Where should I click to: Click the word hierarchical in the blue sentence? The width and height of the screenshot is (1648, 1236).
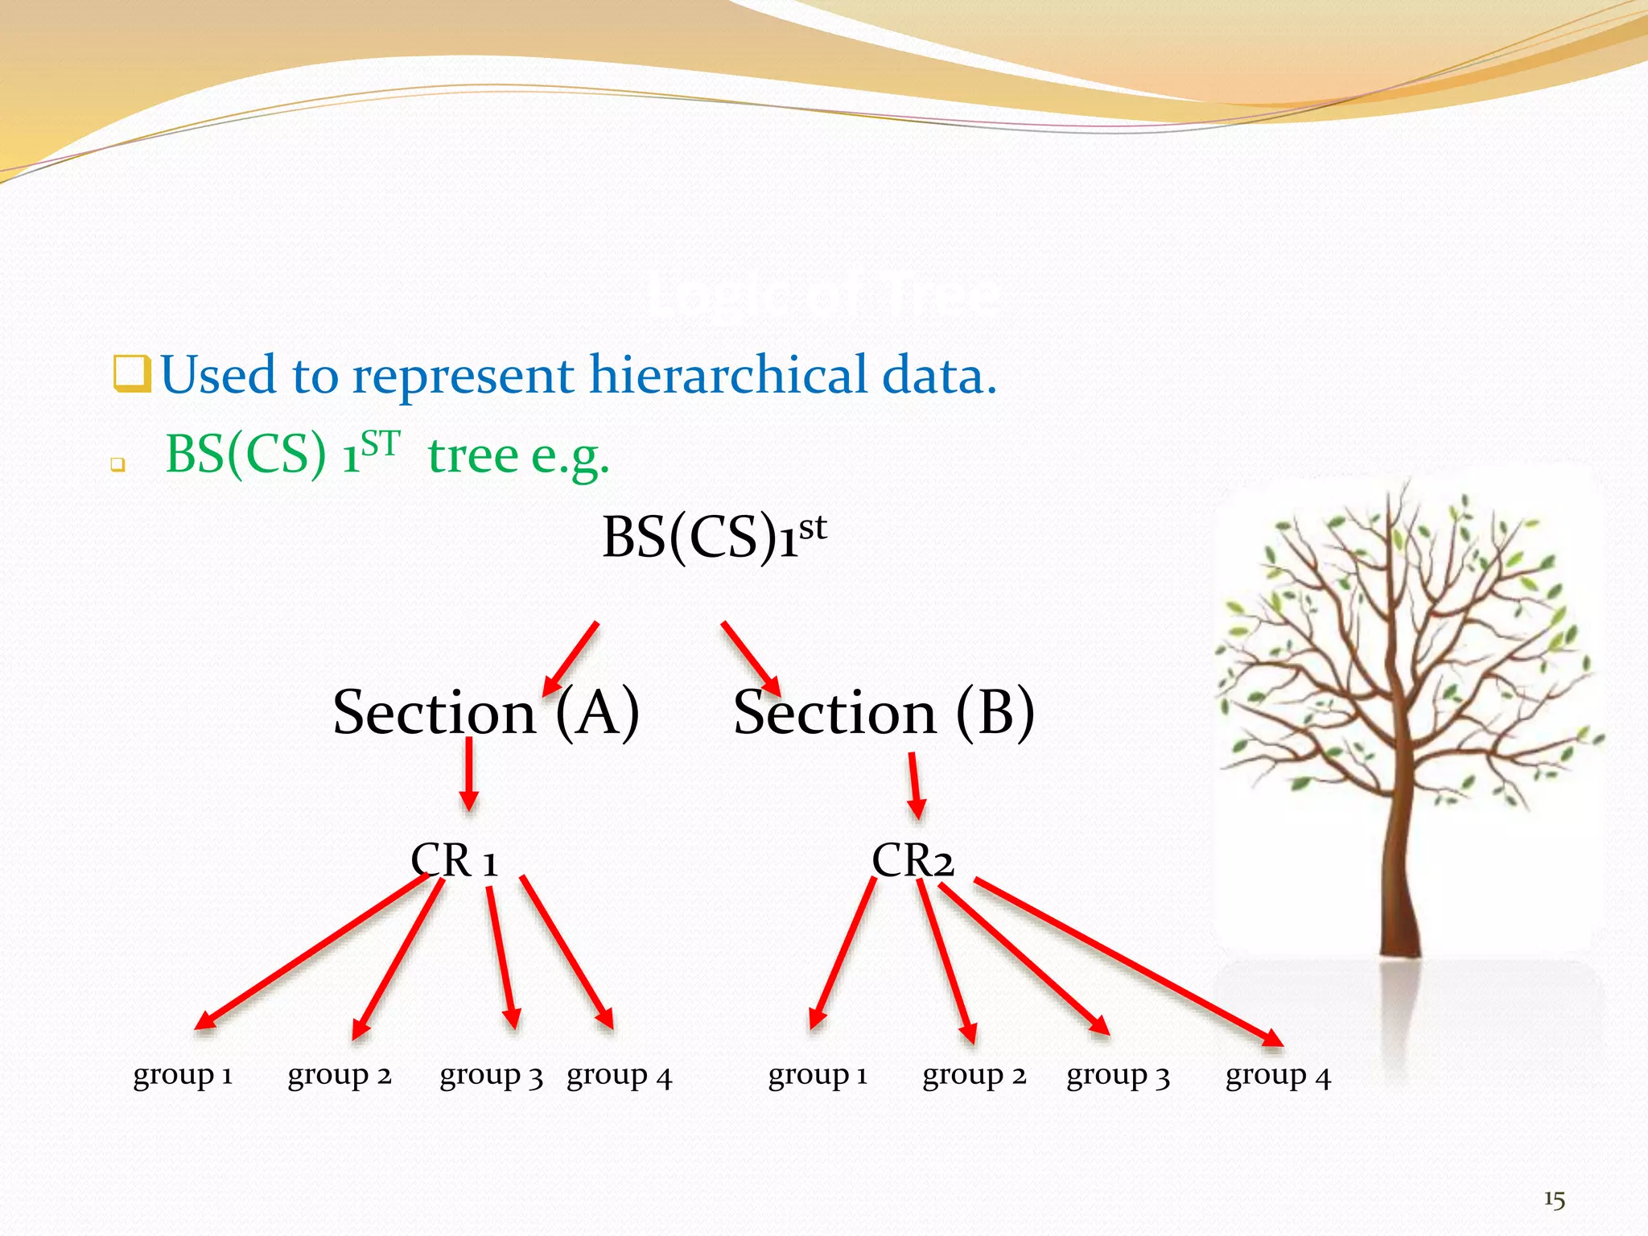pyautogui.click(x=728, y=377)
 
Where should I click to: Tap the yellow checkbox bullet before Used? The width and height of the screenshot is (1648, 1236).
pyautogui.click(x=131, y=374)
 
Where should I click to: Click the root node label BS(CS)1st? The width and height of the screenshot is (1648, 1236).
pyautogui.click(x=713, y=538)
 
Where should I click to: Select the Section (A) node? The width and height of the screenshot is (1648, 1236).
pyautogui.click(x=486, y=713)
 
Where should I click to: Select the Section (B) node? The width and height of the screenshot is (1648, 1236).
pyautogui.click(x=884, y=713)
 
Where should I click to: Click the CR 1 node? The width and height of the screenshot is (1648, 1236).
pyautogui.click(x=455, y=861)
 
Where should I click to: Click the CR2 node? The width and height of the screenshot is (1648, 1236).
pyautogui.click(x=913, y=861)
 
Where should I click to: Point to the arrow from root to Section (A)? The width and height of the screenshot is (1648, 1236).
pyautogui.click(x=571, y=658)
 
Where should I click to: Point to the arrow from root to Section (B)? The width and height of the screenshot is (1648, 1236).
pyautogui.click(x=750, y=658)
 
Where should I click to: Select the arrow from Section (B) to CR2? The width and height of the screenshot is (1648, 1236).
pyautogui.click(x=915, y=786)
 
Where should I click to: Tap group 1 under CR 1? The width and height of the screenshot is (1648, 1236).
pyautogui.click(x=183, y=1076)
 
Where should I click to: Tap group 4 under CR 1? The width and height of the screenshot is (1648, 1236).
pyautogui.click(x=619, y=1076)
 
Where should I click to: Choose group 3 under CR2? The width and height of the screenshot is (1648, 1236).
pyautogui.click(x=1118, y=1076)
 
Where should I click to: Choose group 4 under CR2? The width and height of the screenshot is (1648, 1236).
pyautogui.click(x=1278, y=1076)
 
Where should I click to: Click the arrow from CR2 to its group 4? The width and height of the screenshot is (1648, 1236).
pyautogui.click(x=1127, y=962)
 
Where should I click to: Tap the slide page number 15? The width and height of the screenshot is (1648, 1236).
pyautogui.click(x=1554, y=1200)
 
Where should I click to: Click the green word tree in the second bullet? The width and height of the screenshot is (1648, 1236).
pyautogui.click(x=473, y=455)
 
